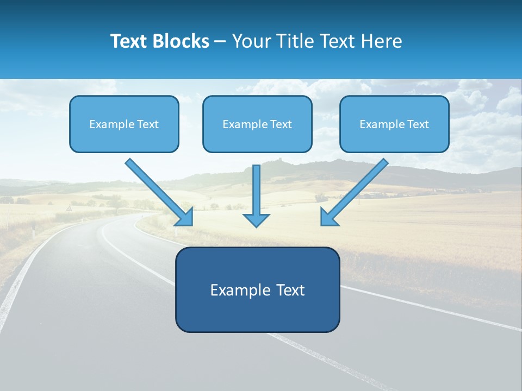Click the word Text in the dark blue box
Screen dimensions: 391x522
[x=290, y=290]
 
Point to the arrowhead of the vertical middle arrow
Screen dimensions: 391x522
[x=256, y=219]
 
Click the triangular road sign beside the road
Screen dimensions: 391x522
[x=69, y=208]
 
